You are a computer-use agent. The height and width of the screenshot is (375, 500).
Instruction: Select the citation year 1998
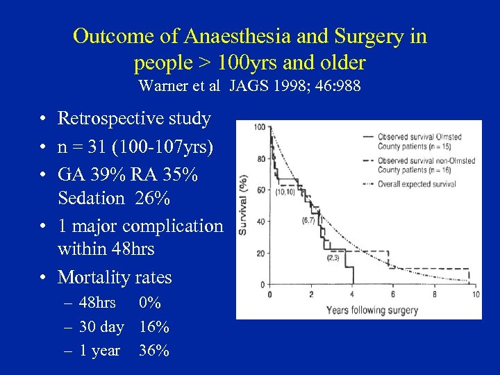(x=283, y=86)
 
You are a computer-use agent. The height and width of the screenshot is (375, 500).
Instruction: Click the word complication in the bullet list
(x=172, y=226)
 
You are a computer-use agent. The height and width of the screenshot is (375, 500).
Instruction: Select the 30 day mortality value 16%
(x=154, y=326)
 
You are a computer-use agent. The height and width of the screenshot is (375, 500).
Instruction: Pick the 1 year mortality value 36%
(x=154, y=351)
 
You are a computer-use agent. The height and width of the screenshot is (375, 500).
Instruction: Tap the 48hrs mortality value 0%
(x=150, y=303)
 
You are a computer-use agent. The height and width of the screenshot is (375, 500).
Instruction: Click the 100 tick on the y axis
(x=259, y=128)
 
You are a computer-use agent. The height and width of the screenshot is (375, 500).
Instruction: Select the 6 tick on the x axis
(x=392, y=295)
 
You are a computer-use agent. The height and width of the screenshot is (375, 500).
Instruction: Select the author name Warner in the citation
(x=160, y=86)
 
